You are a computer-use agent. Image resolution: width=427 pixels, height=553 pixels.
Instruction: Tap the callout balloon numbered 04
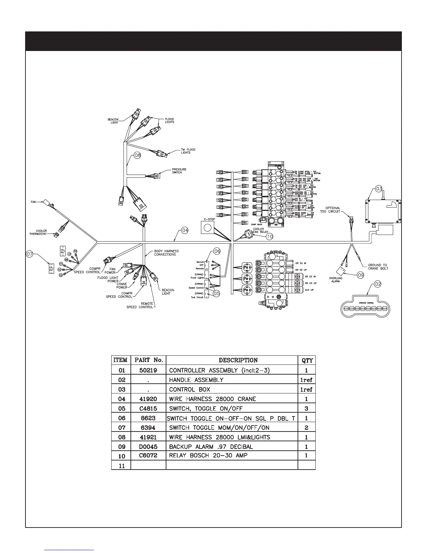185,230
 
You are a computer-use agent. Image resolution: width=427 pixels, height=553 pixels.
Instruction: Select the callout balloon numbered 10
270,236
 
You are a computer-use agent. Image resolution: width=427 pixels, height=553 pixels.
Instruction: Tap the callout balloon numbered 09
360,275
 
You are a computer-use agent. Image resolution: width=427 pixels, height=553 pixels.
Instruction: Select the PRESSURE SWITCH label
179,171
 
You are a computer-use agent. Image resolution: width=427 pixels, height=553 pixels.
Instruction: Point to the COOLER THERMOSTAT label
38,233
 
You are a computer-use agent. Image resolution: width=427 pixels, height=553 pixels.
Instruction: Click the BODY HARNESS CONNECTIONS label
165,253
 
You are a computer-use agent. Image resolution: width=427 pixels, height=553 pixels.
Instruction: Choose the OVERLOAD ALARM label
335,280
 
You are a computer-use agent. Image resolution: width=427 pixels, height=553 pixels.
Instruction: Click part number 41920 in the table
148,399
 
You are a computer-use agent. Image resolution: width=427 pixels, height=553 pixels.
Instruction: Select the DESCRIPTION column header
238,360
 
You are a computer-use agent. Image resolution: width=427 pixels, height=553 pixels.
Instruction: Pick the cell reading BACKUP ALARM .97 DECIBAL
211,447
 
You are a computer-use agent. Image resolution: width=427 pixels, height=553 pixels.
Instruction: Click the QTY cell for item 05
306,408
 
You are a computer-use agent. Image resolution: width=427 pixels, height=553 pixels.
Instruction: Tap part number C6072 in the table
148,455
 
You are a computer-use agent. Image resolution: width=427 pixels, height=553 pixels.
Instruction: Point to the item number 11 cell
121,465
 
